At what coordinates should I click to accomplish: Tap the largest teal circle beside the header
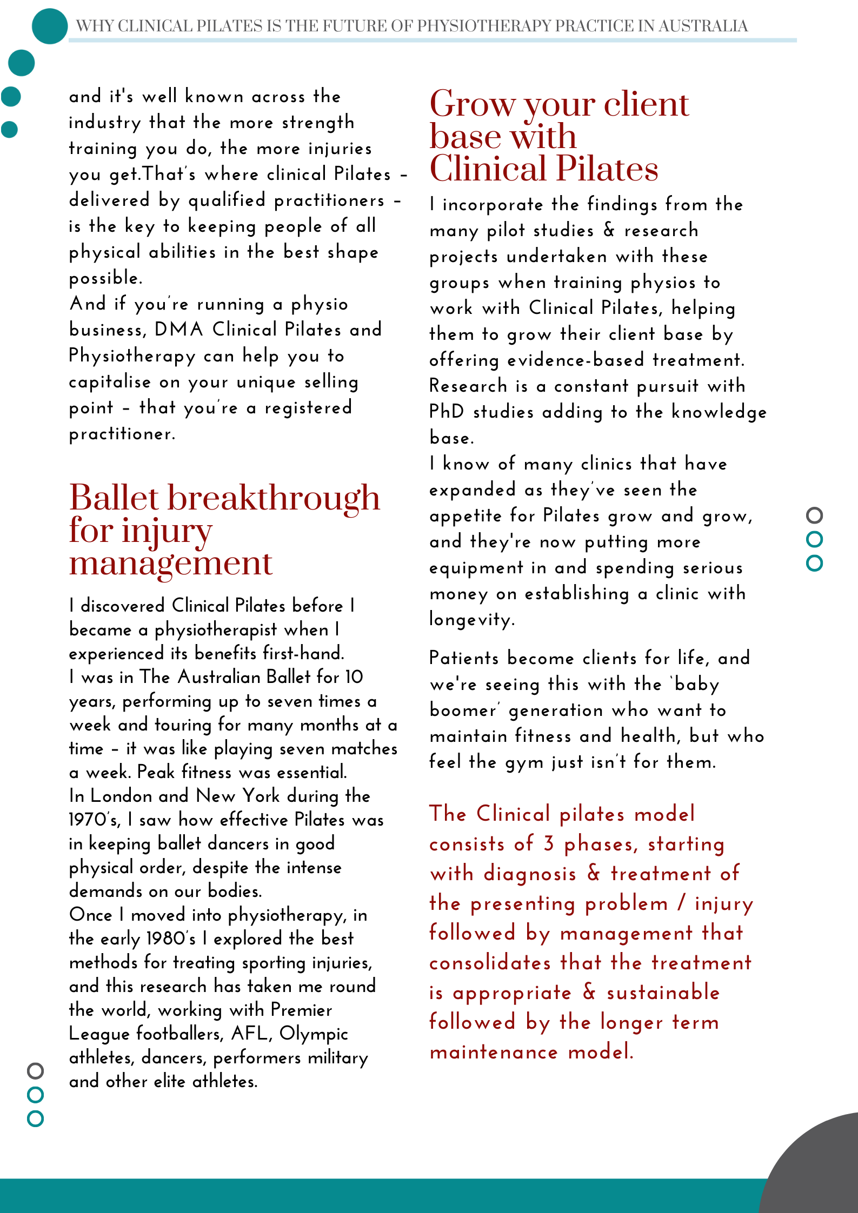click(50, 26)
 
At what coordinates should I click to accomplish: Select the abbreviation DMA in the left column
click(178, 330)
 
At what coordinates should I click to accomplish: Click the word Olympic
click(314, 1034)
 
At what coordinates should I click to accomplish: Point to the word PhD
click(447, 412)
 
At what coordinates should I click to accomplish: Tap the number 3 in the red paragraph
click(549, 844)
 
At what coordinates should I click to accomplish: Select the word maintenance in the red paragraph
click(494, 1052)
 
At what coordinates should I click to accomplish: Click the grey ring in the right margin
click(814, 515)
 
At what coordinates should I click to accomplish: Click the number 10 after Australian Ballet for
click(354, 677)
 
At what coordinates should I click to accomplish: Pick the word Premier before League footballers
click(301, 1010)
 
